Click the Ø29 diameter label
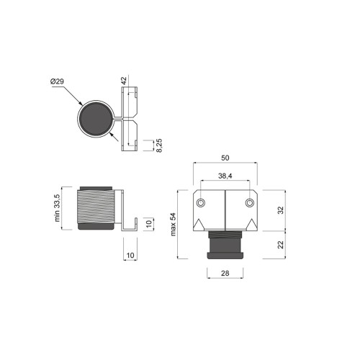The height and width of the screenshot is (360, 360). (57, 81)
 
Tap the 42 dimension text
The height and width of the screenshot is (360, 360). (124, 81)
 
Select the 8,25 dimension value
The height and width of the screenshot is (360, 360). (159, 145)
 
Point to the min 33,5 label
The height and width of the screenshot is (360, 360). (57, 208)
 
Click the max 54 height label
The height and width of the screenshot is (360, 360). (173, 225)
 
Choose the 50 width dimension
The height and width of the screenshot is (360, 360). (225, 158)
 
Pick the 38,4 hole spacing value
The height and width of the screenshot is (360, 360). (225, 176)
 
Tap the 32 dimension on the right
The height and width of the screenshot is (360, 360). (280, 210)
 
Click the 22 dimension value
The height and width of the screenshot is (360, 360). (280, 245)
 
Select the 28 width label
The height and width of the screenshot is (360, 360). (225, 273)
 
